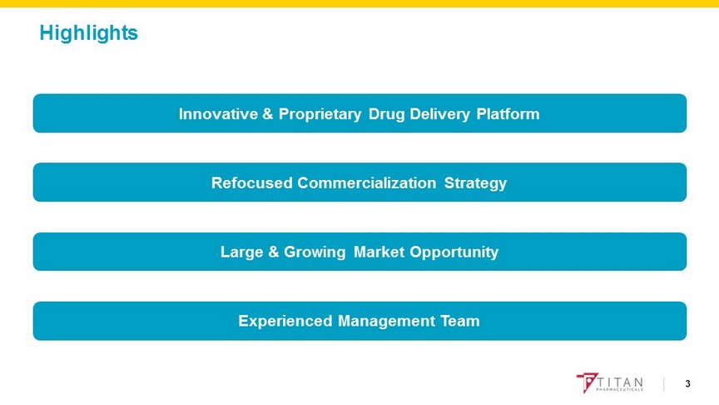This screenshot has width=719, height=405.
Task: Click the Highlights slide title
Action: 88,33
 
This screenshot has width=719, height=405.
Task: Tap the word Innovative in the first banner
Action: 218,114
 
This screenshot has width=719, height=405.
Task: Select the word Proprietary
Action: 320,115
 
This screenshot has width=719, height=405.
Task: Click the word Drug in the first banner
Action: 387,115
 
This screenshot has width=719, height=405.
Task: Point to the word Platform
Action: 508,114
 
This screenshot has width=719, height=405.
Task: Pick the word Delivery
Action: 439,115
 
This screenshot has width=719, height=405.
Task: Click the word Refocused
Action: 252,182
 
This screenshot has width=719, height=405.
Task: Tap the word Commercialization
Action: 367,182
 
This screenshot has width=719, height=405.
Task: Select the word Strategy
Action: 475,183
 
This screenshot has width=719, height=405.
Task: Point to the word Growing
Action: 315,252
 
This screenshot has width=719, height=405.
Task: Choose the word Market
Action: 379,252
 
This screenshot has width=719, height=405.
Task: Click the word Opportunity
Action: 454,252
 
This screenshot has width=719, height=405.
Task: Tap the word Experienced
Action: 285,322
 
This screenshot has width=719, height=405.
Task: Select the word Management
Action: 386,322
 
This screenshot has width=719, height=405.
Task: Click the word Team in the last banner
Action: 460,321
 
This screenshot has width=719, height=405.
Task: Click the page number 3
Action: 687,384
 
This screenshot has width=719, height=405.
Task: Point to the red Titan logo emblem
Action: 587,382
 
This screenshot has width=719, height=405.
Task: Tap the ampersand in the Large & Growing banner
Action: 273,252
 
